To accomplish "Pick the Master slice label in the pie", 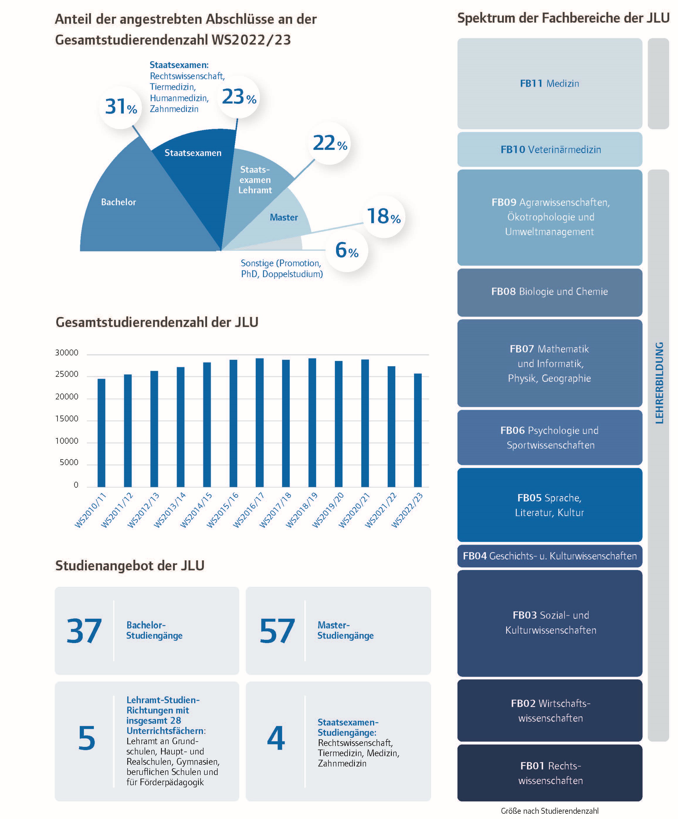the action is (x=284, y=218).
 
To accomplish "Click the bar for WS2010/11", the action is (x=101, y=433).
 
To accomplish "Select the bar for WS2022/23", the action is (x=418, y=430).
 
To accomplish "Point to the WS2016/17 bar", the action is (x=260, y=423).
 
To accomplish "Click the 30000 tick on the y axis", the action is (x=67, y=352).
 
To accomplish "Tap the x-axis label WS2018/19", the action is (x=301, y=510).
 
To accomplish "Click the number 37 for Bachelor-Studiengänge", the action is (x=84, y=631).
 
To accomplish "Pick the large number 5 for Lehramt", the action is (x=87, y=737).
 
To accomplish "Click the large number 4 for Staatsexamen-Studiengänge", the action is (x=276, y=737).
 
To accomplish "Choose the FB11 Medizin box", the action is (x=550, y=84).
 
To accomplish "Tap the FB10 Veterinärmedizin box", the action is (x=550, y=149).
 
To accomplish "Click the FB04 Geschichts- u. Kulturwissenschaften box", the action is (x=550, y=556).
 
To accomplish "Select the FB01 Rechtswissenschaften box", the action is (x=550, y=773).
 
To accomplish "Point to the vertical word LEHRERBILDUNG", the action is (x=659, y=383).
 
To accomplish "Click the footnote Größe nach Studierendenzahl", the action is (x=550, y=811).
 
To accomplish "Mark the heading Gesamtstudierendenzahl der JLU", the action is (x=157, y=322).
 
